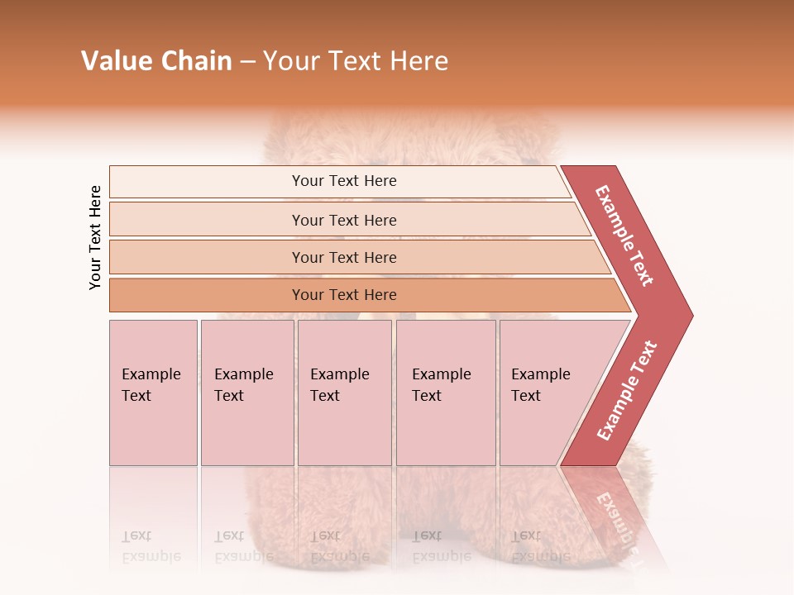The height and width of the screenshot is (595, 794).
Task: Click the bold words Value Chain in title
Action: pos(156,61)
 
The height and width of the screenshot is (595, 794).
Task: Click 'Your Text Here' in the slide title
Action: pos(356,61)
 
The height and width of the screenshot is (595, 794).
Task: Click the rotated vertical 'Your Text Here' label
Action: pos(96,237)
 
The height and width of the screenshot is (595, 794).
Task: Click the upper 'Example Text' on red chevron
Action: pos(624,236)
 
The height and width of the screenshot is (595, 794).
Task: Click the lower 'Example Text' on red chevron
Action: pos(627,391)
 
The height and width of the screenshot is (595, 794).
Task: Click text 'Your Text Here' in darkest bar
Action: pos(344,295)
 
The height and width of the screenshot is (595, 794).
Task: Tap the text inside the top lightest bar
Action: pos(344,181)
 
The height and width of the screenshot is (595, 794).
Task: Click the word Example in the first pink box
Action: pos(151,374)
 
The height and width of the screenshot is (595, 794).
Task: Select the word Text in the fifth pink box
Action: pos(526,396)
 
